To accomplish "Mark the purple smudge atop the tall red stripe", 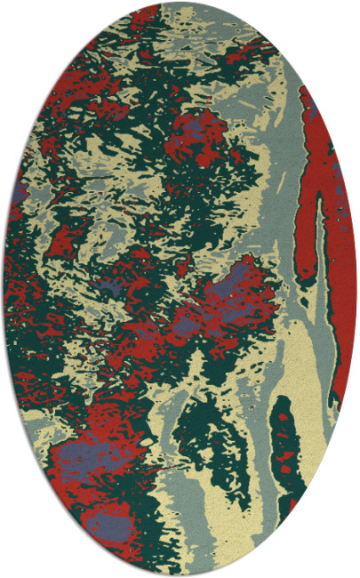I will (313, 111).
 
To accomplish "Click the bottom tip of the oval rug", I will (180, 574).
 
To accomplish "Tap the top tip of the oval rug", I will (180, 4).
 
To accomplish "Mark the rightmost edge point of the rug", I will (356, 289).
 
